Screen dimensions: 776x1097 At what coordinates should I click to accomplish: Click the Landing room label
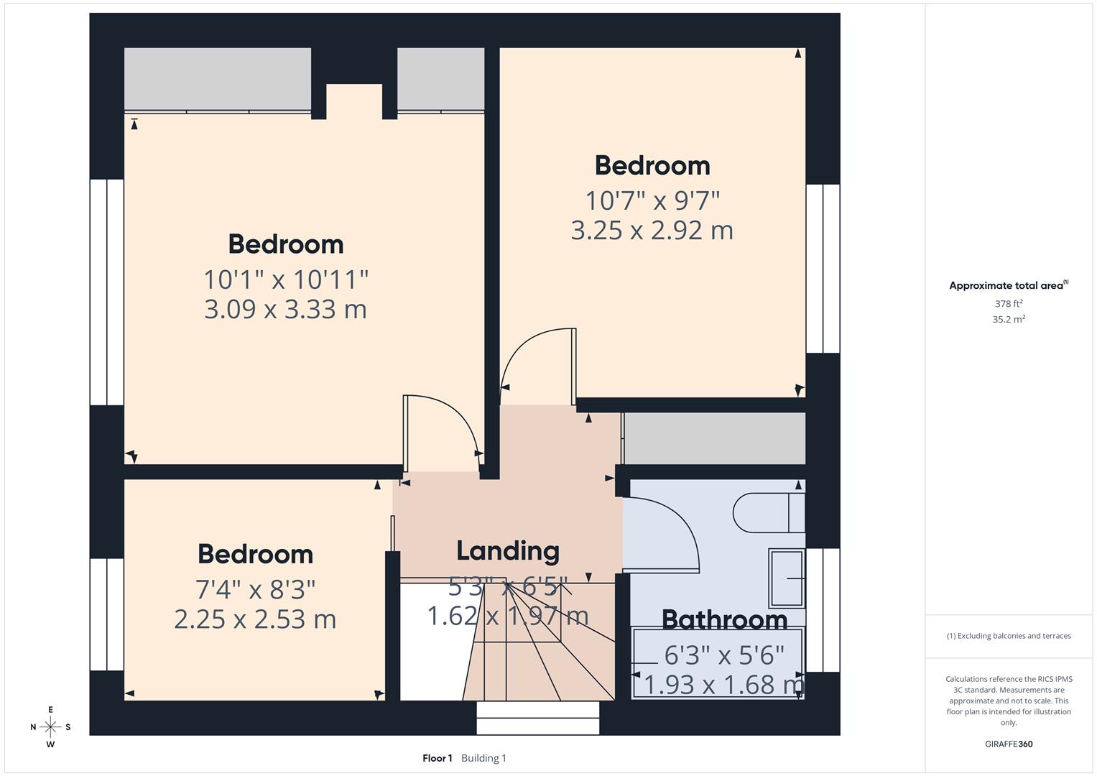tap(508, 551)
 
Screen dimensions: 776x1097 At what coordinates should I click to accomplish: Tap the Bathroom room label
tap(724, 619)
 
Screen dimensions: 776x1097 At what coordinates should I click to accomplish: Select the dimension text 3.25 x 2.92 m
tap(652, 231)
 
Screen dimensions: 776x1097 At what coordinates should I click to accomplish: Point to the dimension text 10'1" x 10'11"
tap(286, 279)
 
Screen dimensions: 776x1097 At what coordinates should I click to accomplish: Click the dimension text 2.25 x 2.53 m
tap(255, 619)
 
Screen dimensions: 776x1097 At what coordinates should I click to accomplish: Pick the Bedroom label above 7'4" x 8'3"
tap(255, 555)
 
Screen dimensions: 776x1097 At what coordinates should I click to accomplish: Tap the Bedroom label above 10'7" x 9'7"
tap(652, 166)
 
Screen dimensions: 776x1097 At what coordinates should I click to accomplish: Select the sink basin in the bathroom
tap(786, 578)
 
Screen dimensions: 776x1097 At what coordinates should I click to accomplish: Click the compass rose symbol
tap(50, 727)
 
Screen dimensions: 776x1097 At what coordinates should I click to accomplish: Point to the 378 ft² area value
tap(1008, 304)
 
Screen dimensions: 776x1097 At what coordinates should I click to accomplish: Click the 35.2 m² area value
tap(1008, 320)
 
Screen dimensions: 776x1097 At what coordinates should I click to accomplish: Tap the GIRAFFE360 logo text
tap(1008, 744)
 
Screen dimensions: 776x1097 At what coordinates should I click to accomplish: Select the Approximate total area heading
tap(1008, 286)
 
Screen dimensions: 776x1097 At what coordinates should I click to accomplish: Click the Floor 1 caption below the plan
tap(437, 758)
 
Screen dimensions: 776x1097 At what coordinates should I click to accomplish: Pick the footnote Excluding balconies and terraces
tap(1008, 636)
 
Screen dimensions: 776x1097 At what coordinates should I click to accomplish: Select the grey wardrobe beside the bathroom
tap(714, 438)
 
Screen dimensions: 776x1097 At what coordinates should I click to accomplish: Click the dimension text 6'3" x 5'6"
tap(724, 655)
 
